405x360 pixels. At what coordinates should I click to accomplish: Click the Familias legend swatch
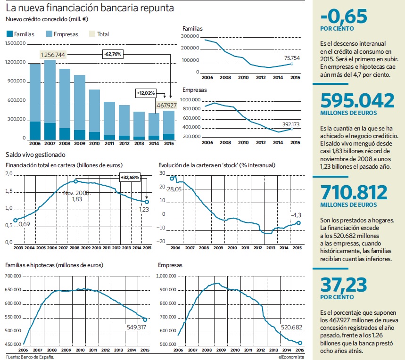pyautogui.click(x=9, y=34)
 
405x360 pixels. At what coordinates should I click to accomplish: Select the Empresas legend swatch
pyautogui.click(x=49, y=34)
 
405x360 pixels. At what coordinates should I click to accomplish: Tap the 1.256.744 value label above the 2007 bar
pyautogui.click(x=53, y=55)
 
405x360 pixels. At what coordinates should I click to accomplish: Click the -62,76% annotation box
pyautogui.click(x=113, y=54)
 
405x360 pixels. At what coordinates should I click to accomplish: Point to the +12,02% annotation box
pyautogui.click(x=146, y=93)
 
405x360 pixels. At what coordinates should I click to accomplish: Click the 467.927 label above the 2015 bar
pyautogui.click(x=166, y=105)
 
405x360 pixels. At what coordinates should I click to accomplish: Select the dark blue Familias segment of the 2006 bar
pyautogui.click(x=35, y=131)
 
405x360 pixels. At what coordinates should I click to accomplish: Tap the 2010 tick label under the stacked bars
pyautogui.click(x=94, y=144)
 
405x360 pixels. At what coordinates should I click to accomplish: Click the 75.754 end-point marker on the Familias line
pyautogui.click(x=292, y=64)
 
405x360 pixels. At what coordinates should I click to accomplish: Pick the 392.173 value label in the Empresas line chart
pyautogui.click(x=291, y=124)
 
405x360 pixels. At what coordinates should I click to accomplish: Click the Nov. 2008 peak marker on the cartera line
pyautogui.click(x=76, y=181)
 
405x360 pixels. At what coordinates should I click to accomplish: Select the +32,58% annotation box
pyautogui.click(x=130, y=177)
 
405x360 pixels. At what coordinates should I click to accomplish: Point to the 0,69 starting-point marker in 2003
pyautogui.click(x=16, y=220)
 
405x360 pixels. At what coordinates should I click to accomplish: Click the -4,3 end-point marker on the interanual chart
pyautogui.click(x=298, y=223)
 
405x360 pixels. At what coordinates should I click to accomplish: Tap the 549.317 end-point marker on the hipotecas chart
pyautogui.click(x=145, y=320)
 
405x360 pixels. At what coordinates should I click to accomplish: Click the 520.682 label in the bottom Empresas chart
pyautogui.click(x=292, y=327)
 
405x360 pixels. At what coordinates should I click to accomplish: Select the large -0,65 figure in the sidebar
pyautogui.click(x=344, y=16)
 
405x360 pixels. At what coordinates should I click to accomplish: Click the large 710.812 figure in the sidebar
pyautogui.click(x=354, y=192)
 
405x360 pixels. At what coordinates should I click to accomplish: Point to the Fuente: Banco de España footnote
pyautogui.click(x=30, y=357)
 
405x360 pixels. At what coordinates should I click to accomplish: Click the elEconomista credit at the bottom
pyautogui.click(x=291, y=357)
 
